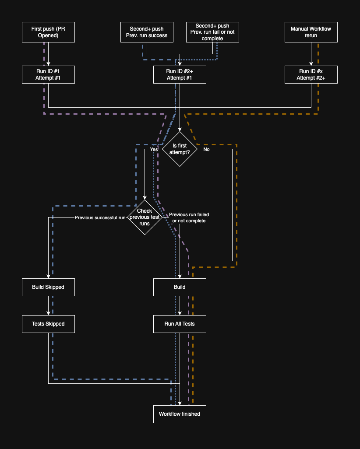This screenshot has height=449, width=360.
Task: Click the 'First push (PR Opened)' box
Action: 48,32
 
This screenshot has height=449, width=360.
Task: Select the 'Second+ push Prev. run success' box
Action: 147,32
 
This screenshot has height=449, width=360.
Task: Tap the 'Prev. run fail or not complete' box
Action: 212,32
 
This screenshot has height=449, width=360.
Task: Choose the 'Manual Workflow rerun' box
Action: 311,32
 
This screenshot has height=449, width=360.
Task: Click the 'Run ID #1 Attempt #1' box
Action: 48,74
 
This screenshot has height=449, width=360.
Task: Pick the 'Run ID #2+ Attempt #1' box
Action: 180,74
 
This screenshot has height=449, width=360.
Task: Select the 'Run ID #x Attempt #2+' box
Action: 311,74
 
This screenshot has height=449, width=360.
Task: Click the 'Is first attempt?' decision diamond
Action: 180,149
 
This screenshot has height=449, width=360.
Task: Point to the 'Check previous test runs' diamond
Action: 145,217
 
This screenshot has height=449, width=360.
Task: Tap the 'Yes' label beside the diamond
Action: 154,149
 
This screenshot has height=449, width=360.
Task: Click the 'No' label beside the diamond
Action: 206,149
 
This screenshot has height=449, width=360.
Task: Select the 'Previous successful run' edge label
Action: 100,217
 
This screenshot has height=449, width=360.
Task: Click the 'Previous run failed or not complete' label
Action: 189,217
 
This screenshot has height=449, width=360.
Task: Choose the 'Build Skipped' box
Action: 48,287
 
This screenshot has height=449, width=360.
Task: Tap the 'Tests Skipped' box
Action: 48,324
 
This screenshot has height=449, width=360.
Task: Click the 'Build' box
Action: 180,287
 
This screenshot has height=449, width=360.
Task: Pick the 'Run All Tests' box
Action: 180,324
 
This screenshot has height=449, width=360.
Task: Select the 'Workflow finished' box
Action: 180,414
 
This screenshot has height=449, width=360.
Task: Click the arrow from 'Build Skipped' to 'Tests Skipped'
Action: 48,305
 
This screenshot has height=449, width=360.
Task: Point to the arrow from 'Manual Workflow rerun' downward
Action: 311,54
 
